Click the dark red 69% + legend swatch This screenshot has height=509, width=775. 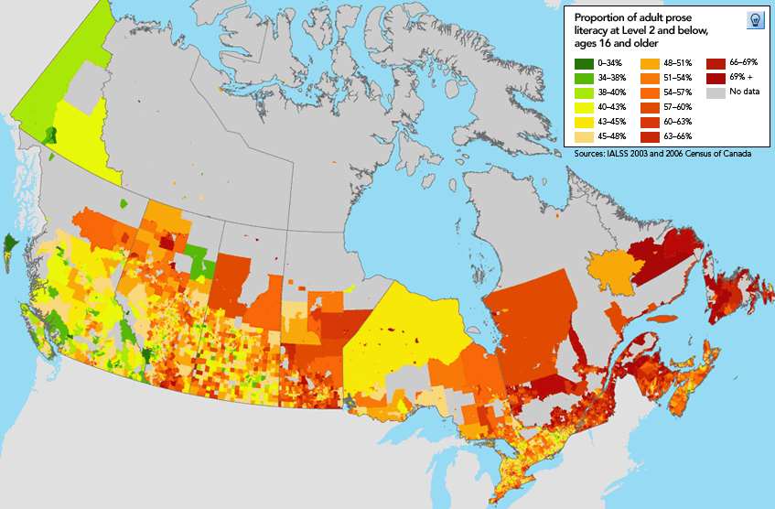(x=715, y=78)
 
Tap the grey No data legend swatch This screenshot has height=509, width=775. (x=715, y=92)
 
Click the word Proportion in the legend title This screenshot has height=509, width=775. (x=598, y=17)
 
